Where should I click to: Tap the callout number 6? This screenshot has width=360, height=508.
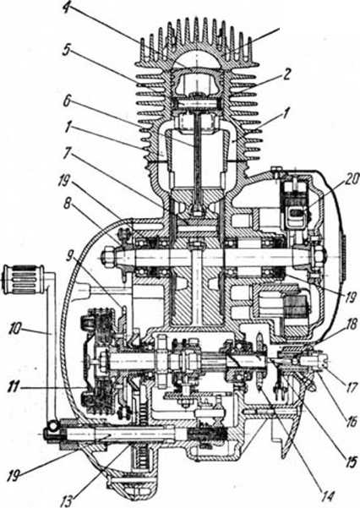[x=67, y=101]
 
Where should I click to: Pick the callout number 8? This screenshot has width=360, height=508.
[x=67, y=205]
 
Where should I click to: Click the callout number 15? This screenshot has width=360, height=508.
[x=349, y=462]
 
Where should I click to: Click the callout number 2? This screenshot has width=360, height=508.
[x=286, y=74]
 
